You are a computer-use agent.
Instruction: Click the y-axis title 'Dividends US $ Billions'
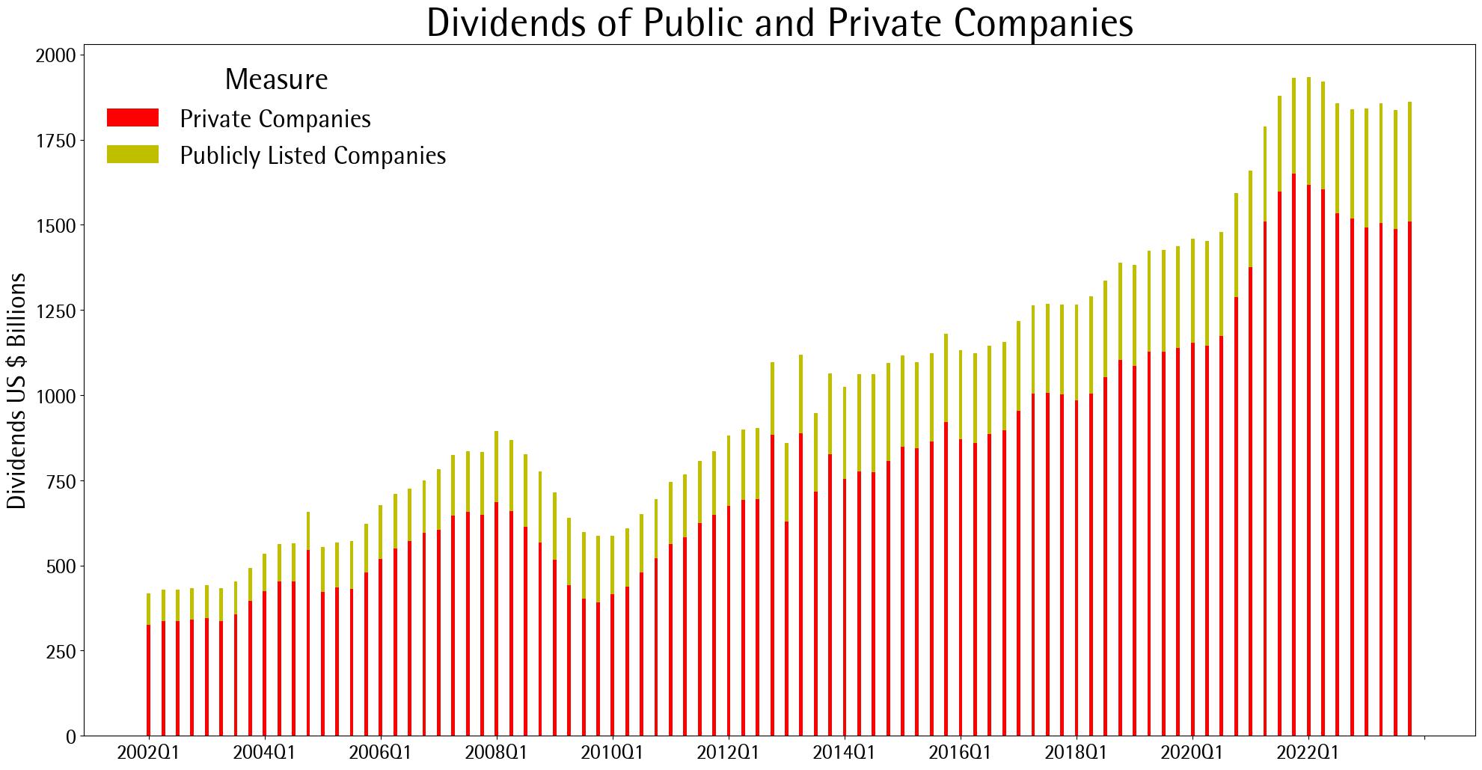point(16,391)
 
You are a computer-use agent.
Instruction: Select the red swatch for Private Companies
point(132,117)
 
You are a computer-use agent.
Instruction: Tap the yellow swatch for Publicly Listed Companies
point(132,154)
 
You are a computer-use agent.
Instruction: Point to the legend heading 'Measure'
point(276,79)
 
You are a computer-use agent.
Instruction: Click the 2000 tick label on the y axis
point(56,55)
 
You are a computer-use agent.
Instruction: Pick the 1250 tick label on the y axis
point(56,311)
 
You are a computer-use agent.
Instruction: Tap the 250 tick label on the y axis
point(61,651)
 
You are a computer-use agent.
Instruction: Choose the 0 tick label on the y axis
point(71,736)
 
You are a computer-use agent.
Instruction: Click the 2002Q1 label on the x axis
point(149,753)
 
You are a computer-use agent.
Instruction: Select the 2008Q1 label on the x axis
point(497,753)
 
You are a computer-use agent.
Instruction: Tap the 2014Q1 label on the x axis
point(845,753)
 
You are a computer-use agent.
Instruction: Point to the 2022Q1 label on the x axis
point(1308,753)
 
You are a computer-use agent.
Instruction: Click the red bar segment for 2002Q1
point(149,681)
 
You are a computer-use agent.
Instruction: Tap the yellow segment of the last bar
point(1410,162)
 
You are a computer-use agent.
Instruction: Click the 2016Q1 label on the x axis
point(961,753)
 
